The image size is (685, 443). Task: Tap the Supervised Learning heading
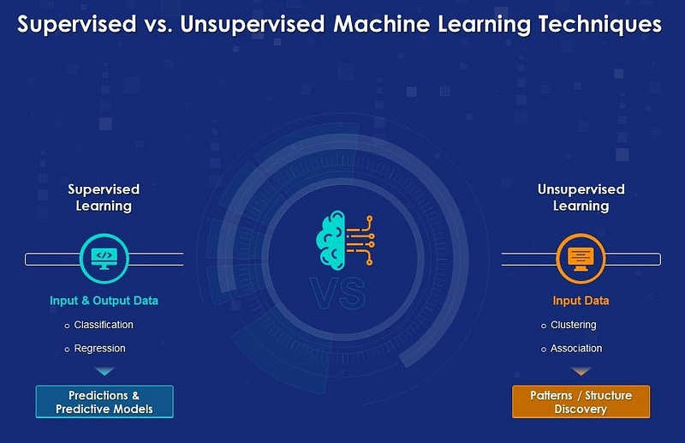[104, 197]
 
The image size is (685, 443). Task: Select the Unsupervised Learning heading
[581, 197]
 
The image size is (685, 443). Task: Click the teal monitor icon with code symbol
[104, 255]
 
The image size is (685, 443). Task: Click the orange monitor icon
[581, 255]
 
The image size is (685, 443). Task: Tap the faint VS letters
[342, 294]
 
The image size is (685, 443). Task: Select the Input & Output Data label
[104, 301]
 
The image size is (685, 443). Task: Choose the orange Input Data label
[581, 301]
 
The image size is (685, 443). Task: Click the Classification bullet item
[104, 325]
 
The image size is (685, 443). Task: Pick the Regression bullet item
[99, 349]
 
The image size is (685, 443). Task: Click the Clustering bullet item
[574, 325]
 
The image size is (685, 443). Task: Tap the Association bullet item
[576, 349]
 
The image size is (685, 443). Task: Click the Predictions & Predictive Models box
[104, 402]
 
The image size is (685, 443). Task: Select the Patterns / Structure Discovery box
[581, 402]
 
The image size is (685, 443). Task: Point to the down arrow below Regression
[104, 372]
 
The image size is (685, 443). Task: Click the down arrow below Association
[581, 372]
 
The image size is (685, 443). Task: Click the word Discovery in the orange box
[581, 409]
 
